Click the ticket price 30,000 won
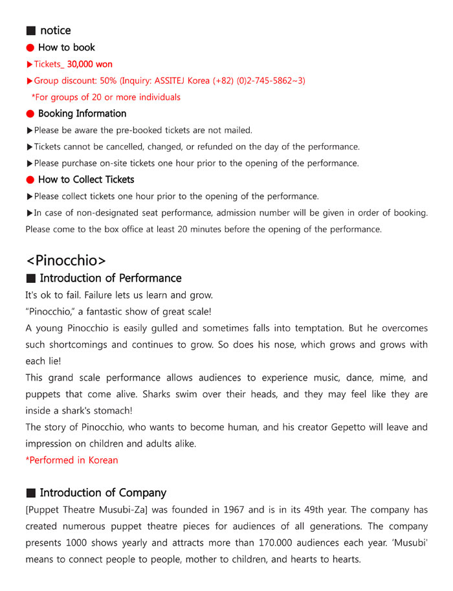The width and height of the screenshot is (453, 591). (90, 64)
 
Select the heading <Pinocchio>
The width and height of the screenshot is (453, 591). (65, 260)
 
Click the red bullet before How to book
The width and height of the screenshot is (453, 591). (30, 48)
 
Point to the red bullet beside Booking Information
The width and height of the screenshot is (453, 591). (30, 114)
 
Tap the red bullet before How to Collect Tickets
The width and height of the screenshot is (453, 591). (30, 180)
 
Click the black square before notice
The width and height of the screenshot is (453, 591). (30, 31)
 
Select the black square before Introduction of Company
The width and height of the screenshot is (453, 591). (30, 493)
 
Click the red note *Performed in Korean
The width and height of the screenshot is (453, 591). (72, 460)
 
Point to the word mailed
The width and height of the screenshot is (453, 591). (238, 130)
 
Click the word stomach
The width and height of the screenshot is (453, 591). (112, 410)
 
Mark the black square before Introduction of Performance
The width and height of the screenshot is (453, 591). (30, 278)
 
